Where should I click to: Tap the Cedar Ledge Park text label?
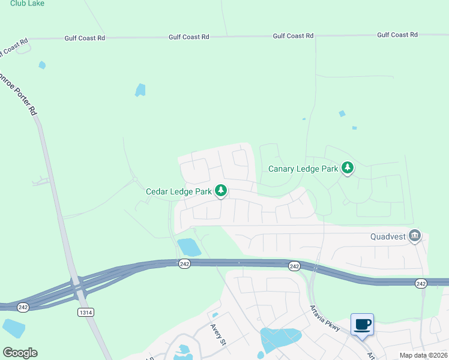pyautogui.click(x=179, y=192)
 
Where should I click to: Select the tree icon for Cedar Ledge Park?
pyautogui.click(x=221, y=191)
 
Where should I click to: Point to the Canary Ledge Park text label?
pyautogui.click(x=303, y=169)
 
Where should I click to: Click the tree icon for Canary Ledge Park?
pyautogui.click(x=347, y=167)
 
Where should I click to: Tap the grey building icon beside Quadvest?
pyautogui.click(x=414, y=235)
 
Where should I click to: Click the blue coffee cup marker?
pyautogui.click(x=362, y=325)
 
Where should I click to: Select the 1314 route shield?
pyautogui.click(x=86, y=312)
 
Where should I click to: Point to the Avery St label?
pyautogui.click(x=217, y=335)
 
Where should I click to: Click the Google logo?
pyautogui.click(x=20, y=353)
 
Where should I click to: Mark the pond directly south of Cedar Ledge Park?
pyautogui.click(x=189, y=247)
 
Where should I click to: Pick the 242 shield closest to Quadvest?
pyautogui.click(x=421, y=283)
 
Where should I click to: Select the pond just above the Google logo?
pyautogui.click(x=13, y=328)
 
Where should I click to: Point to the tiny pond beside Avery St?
pyautogui.click(x=215, y=314)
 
